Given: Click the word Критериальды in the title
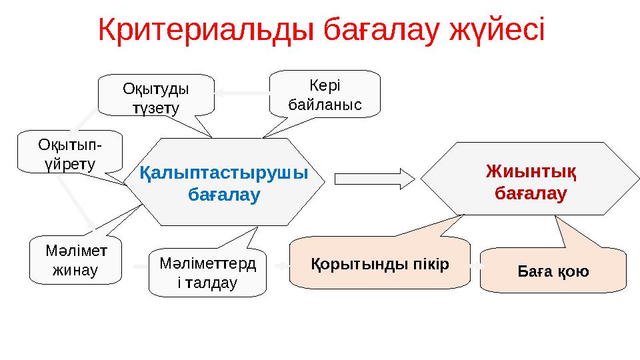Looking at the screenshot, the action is [x=206, y=29].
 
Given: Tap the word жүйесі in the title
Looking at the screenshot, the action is [x=497, y=29].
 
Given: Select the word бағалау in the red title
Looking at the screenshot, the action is [x=381, y=29].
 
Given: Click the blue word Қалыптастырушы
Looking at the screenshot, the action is [x=224, y=173].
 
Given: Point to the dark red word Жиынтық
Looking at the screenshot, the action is [x=531, y=171].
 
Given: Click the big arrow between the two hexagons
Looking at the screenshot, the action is [x=375, y=179].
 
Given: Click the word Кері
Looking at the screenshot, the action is [x=325, y=86].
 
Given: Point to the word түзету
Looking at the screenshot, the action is [x=156, y=109].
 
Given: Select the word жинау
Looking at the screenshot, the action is [x=75, y=270].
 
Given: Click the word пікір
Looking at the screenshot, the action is [x=431, y=265].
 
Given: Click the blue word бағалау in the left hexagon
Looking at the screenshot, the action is [x=224, y=194].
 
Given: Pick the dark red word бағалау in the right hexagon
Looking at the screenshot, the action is [x=531, y=193].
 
